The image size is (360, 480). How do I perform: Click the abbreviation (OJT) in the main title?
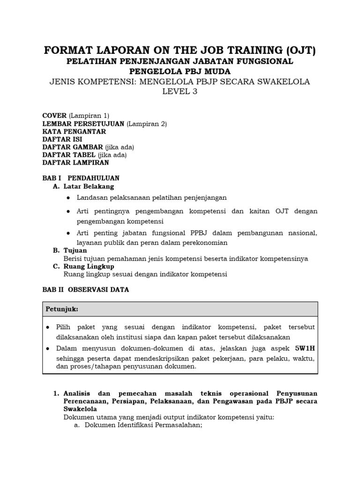[295, 50]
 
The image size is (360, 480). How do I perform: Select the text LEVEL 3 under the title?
[180, 92]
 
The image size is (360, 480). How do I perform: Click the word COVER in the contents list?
[54, 116]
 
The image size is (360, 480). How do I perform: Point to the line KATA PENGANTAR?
[74, 132]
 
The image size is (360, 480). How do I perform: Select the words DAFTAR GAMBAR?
[73, 147]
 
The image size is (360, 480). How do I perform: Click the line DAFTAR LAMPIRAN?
[75, 163]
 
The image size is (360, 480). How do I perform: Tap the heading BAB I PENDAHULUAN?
[81, 178]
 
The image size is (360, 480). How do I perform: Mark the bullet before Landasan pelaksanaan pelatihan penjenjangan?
[68, 198]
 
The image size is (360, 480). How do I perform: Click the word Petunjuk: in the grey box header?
[61, 309]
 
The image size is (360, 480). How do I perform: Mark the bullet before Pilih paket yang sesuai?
[49, 327]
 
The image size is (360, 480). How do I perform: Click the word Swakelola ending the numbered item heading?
[80, 409]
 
